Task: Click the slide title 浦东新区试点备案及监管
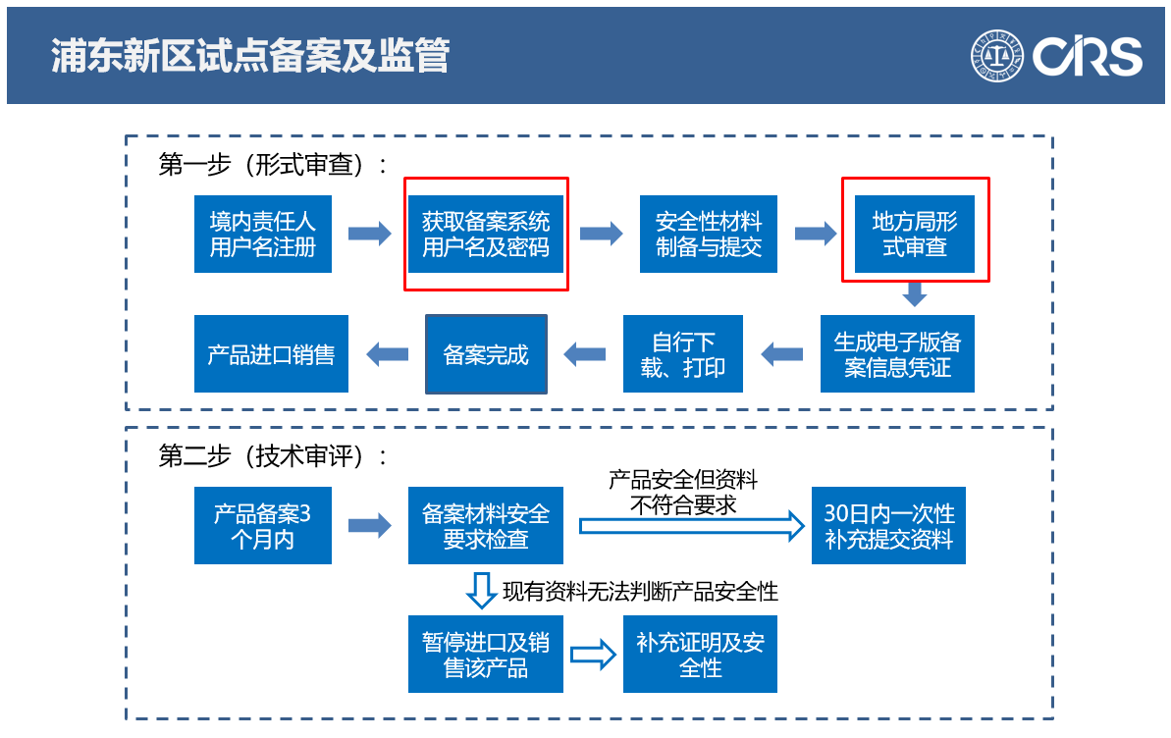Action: click(x=249, y=56)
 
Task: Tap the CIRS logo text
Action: click(x=1088, y=57)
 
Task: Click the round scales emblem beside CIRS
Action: click(x=997, y=56)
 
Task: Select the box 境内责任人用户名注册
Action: click(x=262, y=235)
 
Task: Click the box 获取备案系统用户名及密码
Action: click(x=486, y=235)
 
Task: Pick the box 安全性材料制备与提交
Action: click(x=709, y=235)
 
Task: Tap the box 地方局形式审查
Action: click(x=915, y=235)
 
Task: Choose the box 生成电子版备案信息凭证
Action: click(x=897, y=354)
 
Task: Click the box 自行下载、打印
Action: click(x=684, y=354)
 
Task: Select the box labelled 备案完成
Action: click(x=486, y=354)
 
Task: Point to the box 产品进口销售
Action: click(x=271, y=354)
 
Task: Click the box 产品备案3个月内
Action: click(x=262, y=526)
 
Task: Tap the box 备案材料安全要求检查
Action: click(x=486, y=526)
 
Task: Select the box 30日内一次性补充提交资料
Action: click(x=888, y=526)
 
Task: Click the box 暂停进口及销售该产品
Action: click(x=486, y=655)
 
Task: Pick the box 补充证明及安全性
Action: click(x=700, y=655)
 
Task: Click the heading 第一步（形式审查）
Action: click(x=272, y=165)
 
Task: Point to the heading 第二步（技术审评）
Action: click(x=272, y=456)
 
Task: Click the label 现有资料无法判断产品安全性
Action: click(x=640, y=591)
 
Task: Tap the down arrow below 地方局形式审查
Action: click(x=915, y=293)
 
